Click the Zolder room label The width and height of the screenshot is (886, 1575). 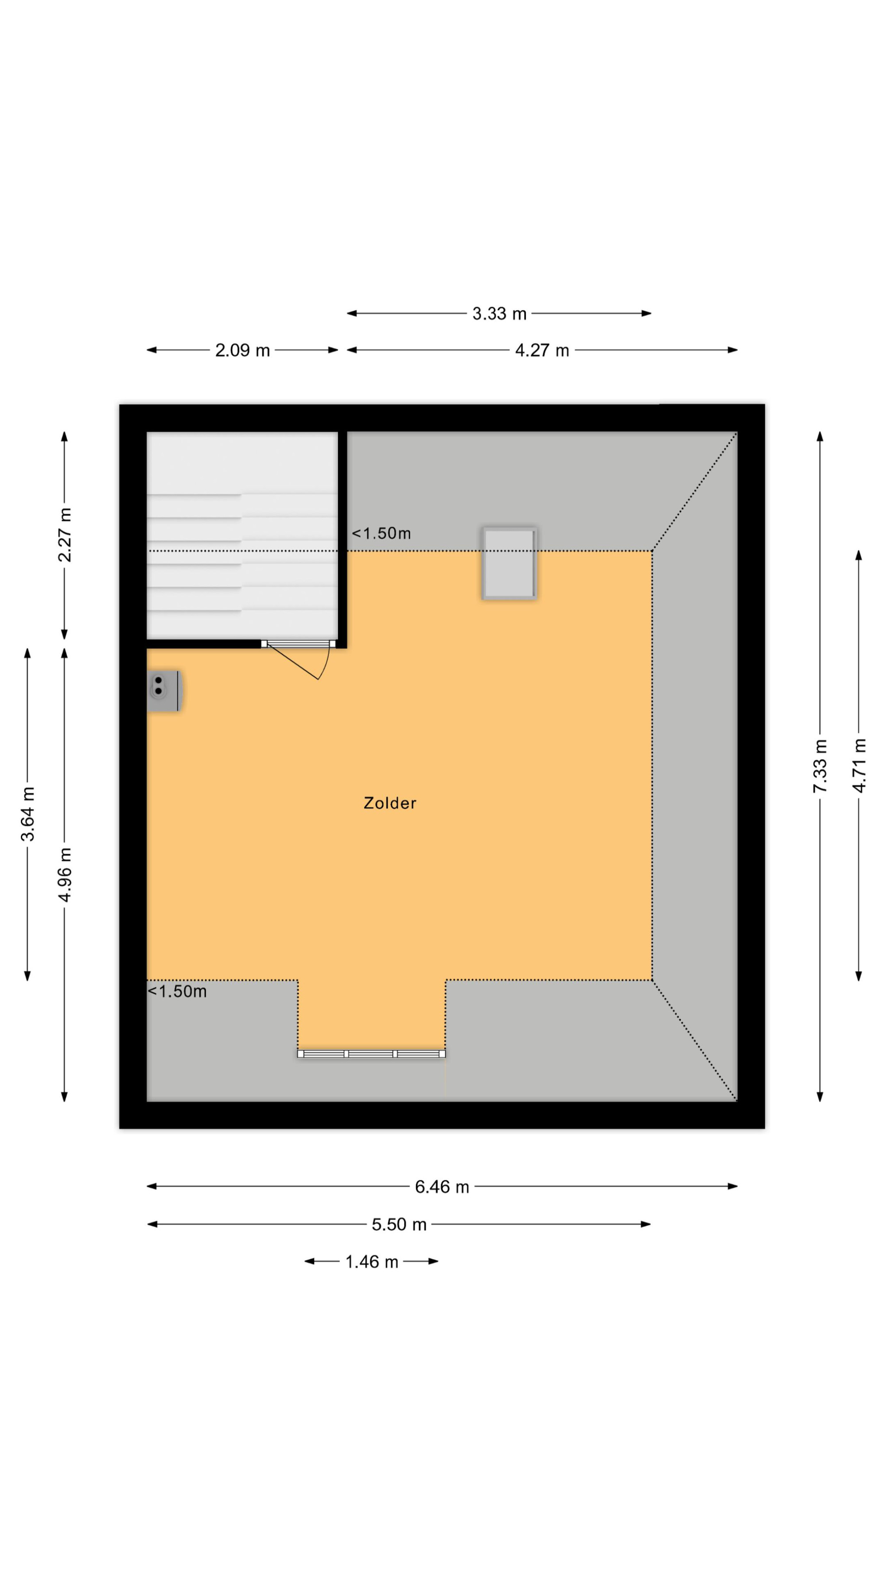point(389,803)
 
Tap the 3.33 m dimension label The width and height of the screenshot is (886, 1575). point(499,314)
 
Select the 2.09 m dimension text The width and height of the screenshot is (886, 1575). point(242,350)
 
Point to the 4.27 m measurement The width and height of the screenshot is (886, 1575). point(542,350)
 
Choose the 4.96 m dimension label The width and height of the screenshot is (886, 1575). point(64,874)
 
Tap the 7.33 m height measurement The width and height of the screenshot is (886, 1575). point(820,766)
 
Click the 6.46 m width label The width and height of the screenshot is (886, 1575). point(442,1187)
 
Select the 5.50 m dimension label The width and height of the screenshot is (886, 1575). point(399,1225)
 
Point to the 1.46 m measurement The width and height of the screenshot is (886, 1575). point(372,1261)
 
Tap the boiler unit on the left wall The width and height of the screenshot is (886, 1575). point(164,691)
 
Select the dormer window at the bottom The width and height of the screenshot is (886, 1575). point(371,1053)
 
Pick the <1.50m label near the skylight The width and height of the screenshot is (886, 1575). point(381,533)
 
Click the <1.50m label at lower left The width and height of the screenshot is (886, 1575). point(177,991)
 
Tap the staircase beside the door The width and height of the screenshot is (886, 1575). point(242,535)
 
